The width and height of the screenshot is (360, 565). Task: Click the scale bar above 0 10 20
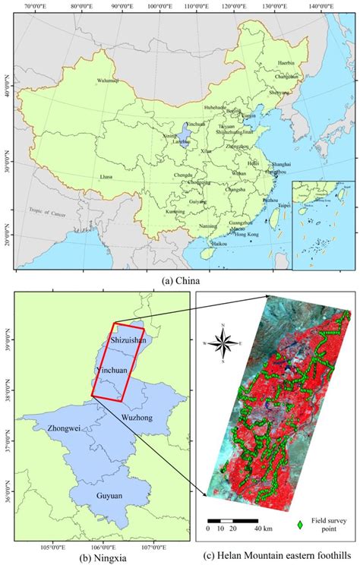(x=228, y=517)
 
